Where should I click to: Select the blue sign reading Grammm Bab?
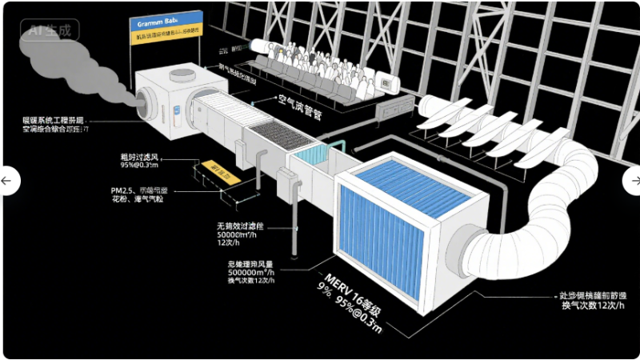pos(164,20)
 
